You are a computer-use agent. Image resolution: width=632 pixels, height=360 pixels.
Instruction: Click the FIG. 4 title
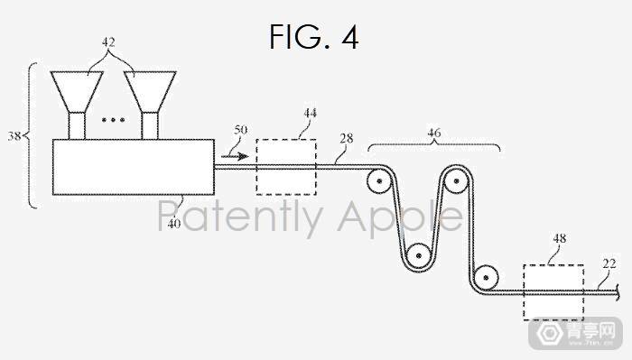(x=313, y=37)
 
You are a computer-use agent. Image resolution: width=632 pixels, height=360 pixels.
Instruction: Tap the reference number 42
(x=108, y=42)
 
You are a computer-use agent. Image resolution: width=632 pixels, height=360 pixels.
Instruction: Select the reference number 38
(x=14, y=136)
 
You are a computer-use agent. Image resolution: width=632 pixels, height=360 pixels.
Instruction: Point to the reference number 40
(x=173, y=224)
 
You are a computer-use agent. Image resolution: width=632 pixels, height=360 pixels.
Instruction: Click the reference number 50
(x=241, y=130)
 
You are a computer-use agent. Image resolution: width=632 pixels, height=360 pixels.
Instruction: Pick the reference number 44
(x=310, y=113)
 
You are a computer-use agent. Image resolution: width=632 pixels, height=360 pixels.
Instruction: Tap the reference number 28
(x=346, y=139)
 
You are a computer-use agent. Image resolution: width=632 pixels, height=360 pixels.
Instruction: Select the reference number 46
(x=434, y=133)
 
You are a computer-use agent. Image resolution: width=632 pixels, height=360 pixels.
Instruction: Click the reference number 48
(x=560, y=238)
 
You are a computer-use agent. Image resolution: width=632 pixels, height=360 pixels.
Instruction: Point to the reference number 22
(x=609, y=263)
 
